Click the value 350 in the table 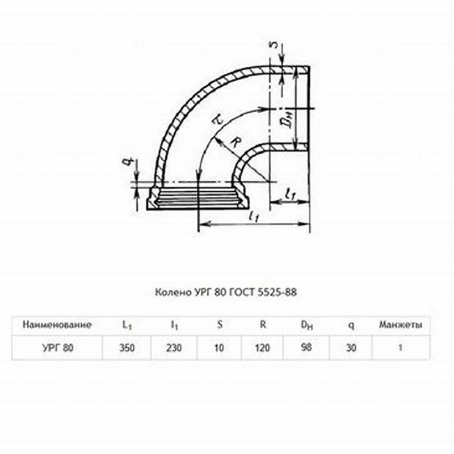(127, 347)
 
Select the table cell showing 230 (174, 347)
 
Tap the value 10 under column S (219, 347)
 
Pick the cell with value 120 (262, 347)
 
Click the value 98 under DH (306, 347)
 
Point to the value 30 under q (351, 347)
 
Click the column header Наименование (57, 325)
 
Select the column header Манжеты (401, 325)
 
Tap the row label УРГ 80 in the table (58, 347)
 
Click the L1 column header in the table (127, 325)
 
